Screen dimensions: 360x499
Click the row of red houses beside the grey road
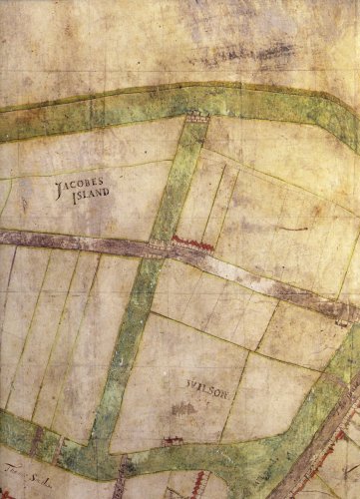(x=193, y=241)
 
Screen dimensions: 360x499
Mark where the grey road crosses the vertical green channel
(x=158, y=249)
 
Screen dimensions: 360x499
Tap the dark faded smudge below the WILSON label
(x=183, y=408)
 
